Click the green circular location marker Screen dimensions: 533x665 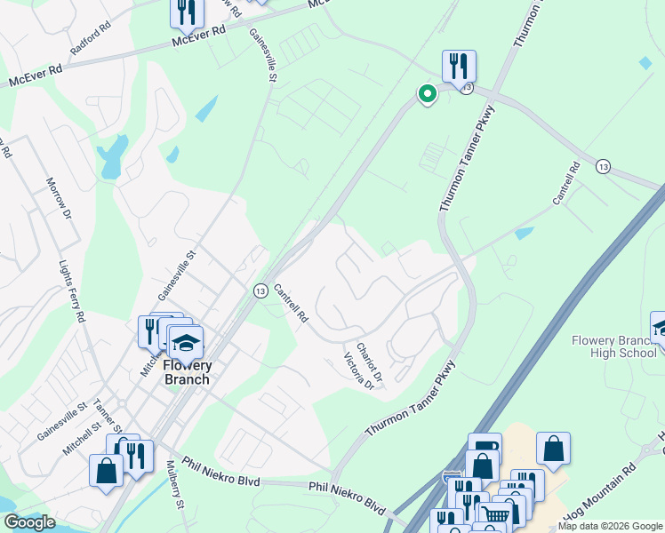[427, 93]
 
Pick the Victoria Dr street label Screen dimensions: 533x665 [359, 371]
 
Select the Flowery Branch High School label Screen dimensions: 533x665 [613, 346]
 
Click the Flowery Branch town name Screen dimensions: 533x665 [187, 372]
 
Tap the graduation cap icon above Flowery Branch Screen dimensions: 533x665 [185, 342]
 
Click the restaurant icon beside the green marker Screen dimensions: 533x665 [459, 66]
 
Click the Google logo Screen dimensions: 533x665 [28, 522]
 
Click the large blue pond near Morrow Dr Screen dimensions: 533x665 [114, 158]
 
